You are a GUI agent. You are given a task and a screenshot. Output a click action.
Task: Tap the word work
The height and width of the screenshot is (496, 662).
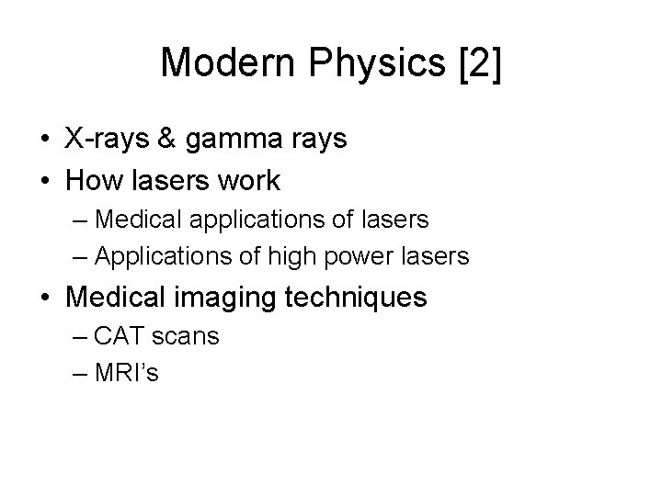pos(247,180)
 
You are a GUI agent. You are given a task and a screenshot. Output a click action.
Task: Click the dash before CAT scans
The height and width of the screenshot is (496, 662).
pos(78,337)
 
